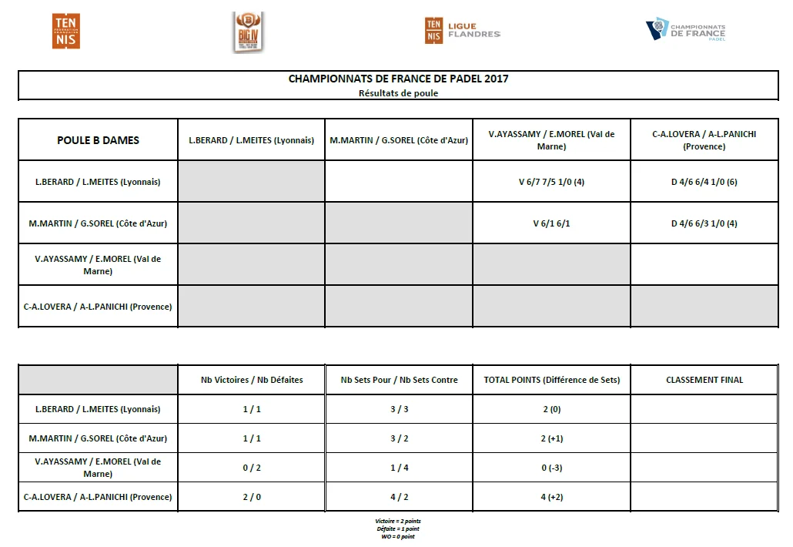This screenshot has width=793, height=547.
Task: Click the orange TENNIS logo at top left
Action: coord(66,32)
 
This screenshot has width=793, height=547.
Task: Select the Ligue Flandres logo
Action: coord(462,31)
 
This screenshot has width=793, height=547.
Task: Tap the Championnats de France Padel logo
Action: coord(685,31)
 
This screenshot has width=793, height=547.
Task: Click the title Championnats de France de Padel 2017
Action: coord(398,79)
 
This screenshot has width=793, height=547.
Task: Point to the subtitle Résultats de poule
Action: coord(398,93)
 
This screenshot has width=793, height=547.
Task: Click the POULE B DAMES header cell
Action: coord(98,140)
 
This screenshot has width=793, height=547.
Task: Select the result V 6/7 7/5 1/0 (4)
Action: coord(551,183)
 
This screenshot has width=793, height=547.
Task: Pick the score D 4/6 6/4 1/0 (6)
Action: coord(704,183)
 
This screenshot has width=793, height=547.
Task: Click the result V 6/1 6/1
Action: coord(551,224)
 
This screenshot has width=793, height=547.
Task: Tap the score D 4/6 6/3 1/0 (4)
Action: coord(704,224)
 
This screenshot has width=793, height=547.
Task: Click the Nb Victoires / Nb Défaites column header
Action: coord(252,380)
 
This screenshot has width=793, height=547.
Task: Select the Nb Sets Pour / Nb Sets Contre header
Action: coord(399,380)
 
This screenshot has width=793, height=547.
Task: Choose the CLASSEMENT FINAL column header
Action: coord(704,380)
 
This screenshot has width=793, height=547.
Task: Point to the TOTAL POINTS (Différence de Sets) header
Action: coord(551,380)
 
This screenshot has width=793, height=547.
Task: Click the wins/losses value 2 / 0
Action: coord(252,497)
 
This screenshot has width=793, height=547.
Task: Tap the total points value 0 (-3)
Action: coord(551,468)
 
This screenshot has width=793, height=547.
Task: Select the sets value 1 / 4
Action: coord(399,468)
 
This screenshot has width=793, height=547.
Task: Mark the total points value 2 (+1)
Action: coord(551,438)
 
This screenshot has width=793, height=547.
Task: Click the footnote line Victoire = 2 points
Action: coord(398,522)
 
